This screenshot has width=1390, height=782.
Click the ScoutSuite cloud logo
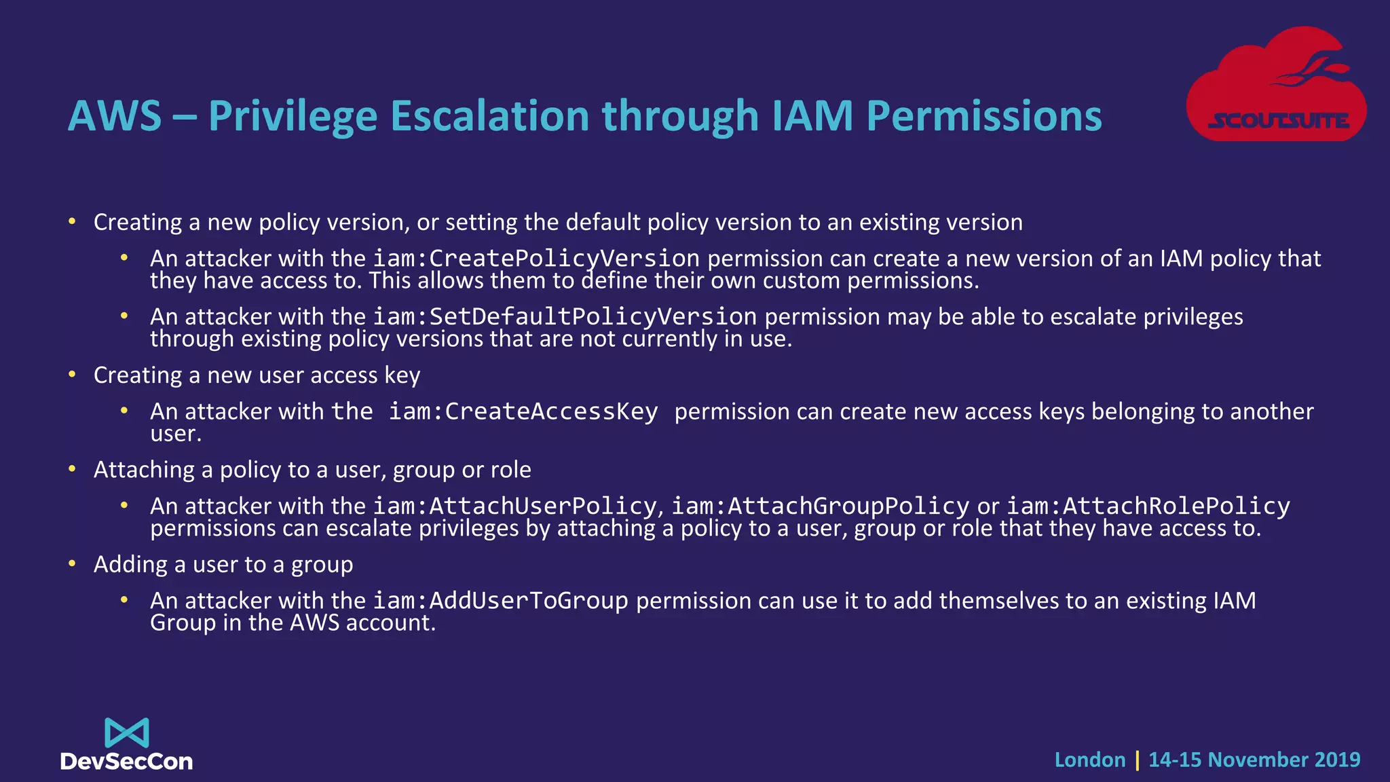click(1276, 85)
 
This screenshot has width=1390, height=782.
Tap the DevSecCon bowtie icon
click(126, 733)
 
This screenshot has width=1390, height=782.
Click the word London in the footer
click(1089, 760)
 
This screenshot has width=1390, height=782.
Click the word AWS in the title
click(115, 116)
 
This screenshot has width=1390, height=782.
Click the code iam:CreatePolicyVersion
click(536, 259)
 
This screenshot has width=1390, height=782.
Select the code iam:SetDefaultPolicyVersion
click(565, 317)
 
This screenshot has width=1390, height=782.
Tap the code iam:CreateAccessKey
click(523, 411)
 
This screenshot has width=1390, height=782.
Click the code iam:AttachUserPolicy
click(514, 506)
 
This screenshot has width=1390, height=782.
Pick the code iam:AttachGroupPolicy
click(820, 506)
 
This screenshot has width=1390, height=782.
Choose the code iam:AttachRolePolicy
click(1148, 506)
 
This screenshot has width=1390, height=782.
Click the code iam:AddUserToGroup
click(501, 601)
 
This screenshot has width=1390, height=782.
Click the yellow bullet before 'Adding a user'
click(72, 563)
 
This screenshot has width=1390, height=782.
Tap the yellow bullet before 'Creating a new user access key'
click(72, 374)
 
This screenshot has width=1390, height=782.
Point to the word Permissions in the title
click(984, 116)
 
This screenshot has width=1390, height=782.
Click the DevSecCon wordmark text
click(126, 762)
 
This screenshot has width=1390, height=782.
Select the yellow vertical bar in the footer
click(1137, 760)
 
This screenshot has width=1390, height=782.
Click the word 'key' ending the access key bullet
click(402, 375)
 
